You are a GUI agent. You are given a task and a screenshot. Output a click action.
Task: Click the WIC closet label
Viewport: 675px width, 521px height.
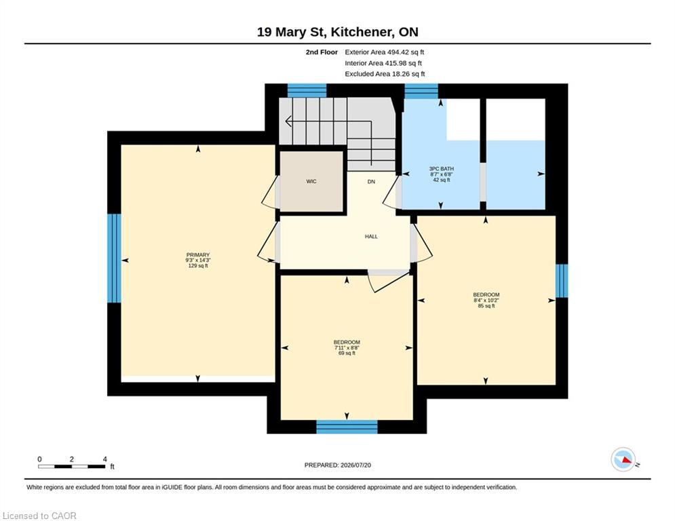pyautogui.click(x=311, y=181)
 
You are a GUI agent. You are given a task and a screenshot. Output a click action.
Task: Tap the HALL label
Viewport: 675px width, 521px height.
pyautogui.click(x=371, y=236)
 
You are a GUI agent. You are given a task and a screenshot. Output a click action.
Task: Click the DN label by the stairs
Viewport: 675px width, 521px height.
pyautogui.click(x=371, y=182)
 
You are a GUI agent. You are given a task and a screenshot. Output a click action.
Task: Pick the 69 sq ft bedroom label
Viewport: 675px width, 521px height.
pyautogui.click(x=347, y=347)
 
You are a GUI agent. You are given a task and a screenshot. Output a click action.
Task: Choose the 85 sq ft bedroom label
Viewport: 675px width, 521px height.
pyautogui.click(x=486, y=300)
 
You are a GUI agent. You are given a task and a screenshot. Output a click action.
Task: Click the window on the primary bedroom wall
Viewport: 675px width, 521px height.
pyautogui.click(x=114, y=258)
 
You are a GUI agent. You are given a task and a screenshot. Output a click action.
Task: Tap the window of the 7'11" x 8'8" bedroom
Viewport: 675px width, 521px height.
pyautogui.click(x=347, y=427)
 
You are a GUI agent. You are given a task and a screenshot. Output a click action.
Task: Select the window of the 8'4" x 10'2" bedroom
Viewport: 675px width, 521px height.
pyautogui.click(x=561, y=281)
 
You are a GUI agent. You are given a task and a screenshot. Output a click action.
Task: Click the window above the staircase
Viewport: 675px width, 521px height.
pyautogui.click(x=307, y=90)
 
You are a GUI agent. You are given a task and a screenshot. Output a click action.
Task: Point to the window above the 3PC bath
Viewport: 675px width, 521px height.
pyautogui.click(x=421, y=91)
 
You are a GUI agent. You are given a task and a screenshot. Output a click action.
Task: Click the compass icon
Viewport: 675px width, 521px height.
pyautogui.click(x=623, y=459)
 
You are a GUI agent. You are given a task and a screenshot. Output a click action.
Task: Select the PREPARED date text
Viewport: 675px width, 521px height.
pyautogui.click(x=338, y=465)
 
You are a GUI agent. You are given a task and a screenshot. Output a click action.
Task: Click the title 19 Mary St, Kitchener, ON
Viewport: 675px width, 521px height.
pyautogui.click(x=338, y=32)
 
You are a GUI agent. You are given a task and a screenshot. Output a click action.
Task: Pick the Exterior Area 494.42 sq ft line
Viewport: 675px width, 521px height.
pyautogui.click(x=385, y=52)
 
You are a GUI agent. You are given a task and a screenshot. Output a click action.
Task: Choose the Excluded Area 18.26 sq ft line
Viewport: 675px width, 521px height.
pyautogui.click(x=385, y=74)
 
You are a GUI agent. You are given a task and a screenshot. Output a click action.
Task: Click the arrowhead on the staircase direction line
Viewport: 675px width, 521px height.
pyautogui.click(x=288, y=121)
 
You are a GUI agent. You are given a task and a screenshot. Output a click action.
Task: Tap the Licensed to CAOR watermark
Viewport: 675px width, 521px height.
pyautogui.click(x=39, y=516)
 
